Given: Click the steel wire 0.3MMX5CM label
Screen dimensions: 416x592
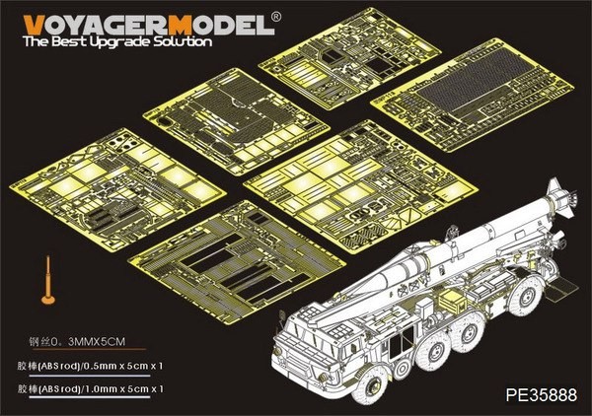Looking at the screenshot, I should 72,343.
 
